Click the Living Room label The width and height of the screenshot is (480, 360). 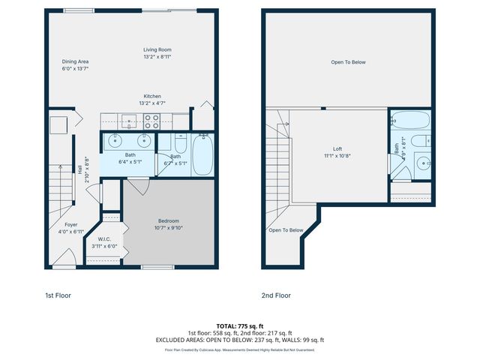click(157, 50)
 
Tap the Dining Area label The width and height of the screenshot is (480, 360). click(76, 61)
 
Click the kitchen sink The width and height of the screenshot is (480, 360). click(128, 119)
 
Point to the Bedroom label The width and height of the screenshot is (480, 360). click(168, 220)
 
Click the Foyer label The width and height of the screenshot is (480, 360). click(70, 224)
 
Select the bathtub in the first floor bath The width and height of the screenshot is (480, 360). click(202, 154)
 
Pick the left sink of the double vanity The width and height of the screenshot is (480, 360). click(115, 140)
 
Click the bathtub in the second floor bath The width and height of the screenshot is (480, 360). click(409, 120)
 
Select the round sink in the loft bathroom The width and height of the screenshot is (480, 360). click(422, 162)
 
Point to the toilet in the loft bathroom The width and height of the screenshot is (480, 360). click(422, 140)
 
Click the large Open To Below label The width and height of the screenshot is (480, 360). click(348, 61)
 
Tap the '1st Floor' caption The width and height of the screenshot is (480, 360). click(58, 295)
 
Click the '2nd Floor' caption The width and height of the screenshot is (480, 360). click(275, 295)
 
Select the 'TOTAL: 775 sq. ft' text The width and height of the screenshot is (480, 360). click(239, 327)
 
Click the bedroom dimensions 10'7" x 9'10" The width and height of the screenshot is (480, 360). click(169, 228)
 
